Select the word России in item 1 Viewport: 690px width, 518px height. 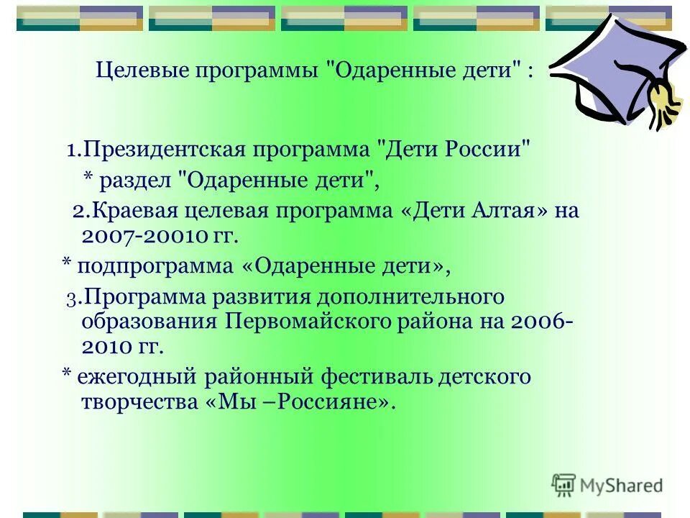[490, 150]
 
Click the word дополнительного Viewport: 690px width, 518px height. [418, 296]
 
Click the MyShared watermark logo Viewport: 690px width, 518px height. [607, 486]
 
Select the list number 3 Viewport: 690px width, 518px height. [70, 298]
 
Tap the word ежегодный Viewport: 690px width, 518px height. [132, 376]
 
